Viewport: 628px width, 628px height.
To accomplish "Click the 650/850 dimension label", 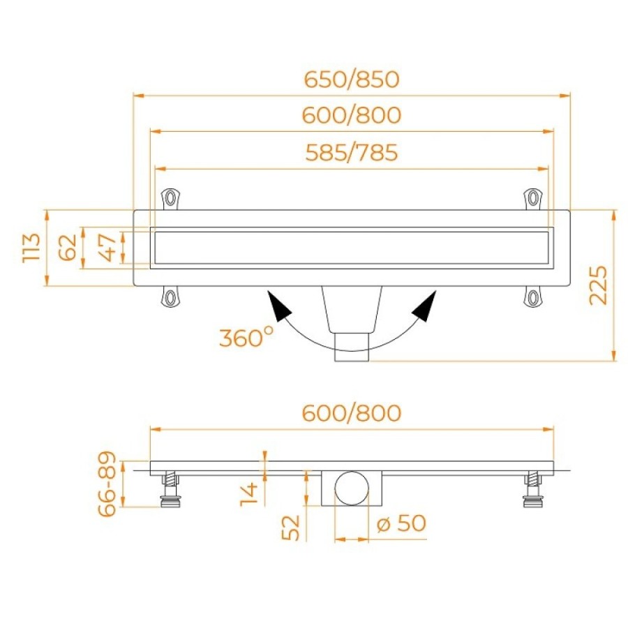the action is [352, 80].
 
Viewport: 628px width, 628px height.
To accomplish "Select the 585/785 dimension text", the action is [352, 153].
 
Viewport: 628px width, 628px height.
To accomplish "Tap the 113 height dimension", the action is [31, 248].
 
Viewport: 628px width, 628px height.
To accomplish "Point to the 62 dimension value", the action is [68, 248].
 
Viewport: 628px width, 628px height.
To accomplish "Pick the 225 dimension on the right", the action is [599, 285].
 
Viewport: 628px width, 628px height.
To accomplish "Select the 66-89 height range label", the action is [107, 484].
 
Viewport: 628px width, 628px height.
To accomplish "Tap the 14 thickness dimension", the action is [248, 494].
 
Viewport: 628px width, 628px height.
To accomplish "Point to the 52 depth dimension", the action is [291, 528].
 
